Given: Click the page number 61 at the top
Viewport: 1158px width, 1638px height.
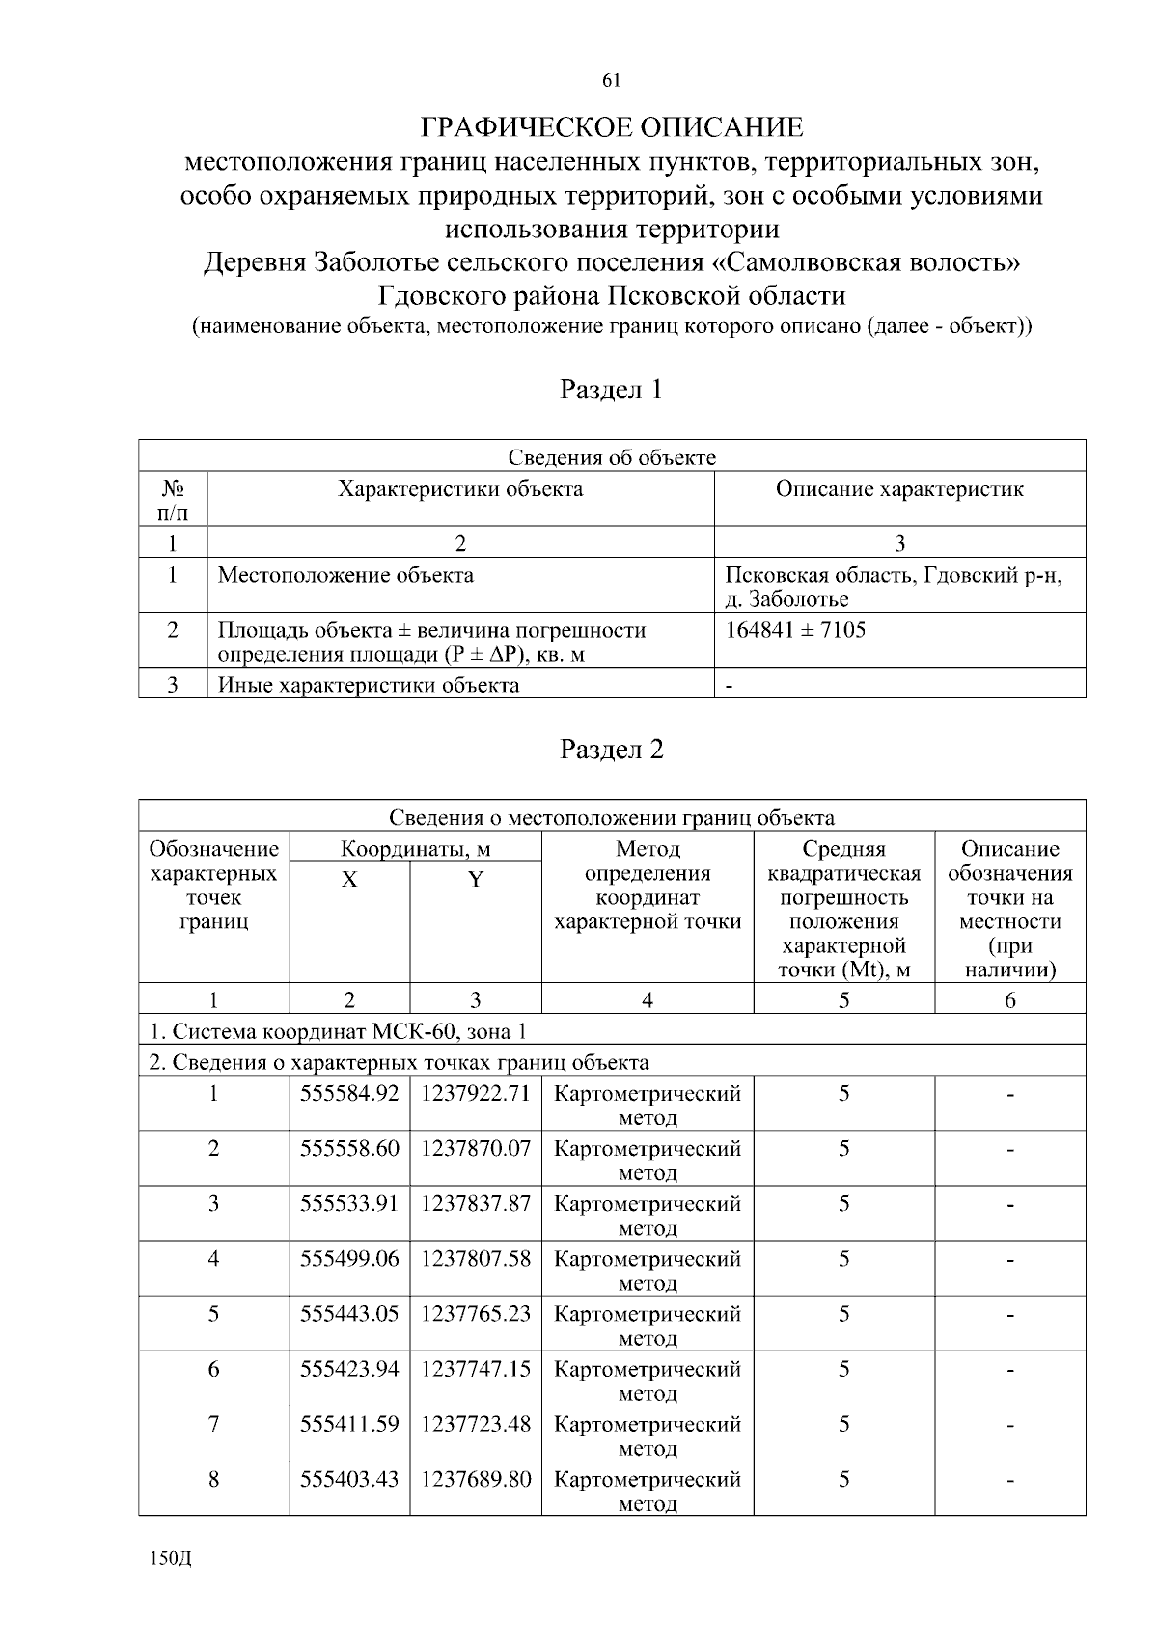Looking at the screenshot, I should (x=611, y=81).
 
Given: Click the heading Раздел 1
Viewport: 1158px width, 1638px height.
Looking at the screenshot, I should (x=612, y=390).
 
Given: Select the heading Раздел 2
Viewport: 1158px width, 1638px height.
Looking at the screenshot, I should (x=612, y=750).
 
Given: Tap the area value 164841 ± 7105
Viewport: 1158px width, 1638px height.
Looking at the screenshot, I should (x=795, y=631).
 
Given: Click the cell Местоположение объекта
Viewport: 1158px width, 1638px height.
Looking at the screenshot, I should (x=345, y=576).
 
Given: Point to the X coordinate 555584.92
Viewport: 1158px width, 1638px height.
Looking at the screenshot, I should (x=349, y=1094).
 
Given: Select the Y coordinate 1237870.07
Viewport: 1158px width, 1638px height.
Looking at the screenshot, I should (x=476, y=1149).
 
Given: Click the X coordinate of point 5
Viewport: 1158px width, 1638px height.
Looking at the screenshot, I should (x=349, y=1314).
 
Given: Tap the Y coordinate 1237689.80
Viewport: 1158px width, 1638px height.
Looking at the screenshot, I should (x=476, y=1479).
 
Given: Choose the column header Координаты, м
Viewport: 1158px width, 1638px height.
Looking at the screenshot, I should (x=415, y=849).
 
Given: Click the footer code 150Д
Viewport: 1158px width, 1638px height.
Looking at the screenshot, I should (x=171, y=1559).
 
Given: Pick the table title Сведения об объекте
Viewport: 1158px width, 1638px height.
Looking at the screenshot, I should (x=612, y=457).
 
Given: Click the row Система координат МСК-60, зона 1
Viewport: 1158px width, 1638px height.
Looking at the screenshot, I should (x=338, y=1031).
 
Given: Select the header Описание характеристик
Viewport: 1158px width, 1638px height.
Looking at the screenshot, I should (x=899, y=489).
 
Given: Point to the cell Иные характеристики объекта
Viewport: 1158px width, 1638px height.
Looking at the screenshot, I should (x=369, y=686).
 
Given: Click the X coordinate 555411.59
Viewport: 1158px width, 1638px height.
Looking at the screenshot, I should (x=349, y=1424).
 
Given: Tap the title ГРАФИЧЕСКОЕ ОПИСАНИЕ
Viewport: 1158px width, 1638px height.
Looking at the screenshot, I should (x=612, y=128).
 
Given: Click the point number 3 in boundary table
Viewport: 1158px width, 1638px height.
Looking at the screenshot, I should (x=213, y=1204).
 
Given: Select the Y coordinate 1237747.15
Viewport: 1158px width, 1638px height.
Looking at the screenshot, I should (x=476, y=1369).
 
